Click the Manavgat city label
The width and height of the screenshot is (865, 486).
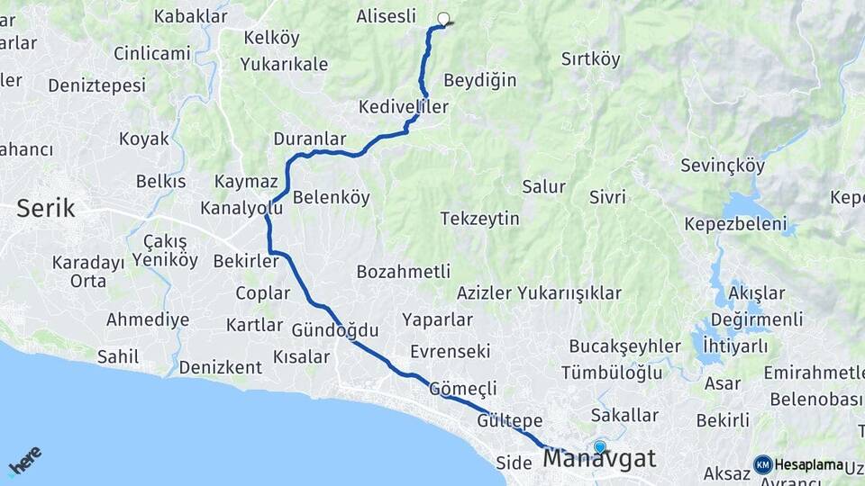[x=599, y=460]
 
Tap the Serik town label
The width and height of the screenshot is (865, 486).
[x=46, y=210]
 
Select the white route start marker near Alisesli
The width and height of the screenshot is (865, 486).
[x=442, y=18]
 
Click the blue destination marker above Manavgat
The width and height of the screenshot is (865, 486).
[x=600, y=445]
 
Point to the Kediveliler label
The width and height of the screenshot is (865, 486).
[x=403, y=107]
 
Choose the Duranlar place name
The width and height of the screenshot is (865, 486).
[x=309, y=139]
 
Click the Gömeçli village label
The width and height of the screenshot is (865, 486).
[x=463, y=389]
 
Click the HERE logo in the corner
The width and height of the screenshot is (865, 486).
[x=24, y=461]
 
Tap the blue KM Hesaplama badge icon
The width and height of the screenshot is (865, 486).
[x=763, y=464]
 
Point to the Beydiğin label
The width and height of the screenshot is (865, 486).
[x=480, y=80]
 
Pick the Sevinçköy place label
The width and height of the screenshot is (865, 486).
[x=723, y=166]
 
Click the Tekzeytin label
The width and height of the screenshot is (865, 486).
[x=480, y=219]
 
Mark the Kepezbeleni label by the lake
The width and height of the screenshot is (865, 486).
[x=735, y=224]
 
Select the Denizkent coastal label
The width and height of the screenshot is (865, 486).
[x=220, y=367]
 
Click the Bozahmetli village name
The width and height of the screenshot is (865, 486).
[x=403, y=272]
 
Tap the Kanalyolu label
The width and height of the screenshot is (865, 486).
[x=241, y=208]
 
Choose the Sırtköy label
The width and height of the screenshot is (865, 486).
[x=591, y=59]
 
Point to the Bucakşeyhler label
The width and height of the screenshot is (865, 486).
[x=624, y=346]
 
